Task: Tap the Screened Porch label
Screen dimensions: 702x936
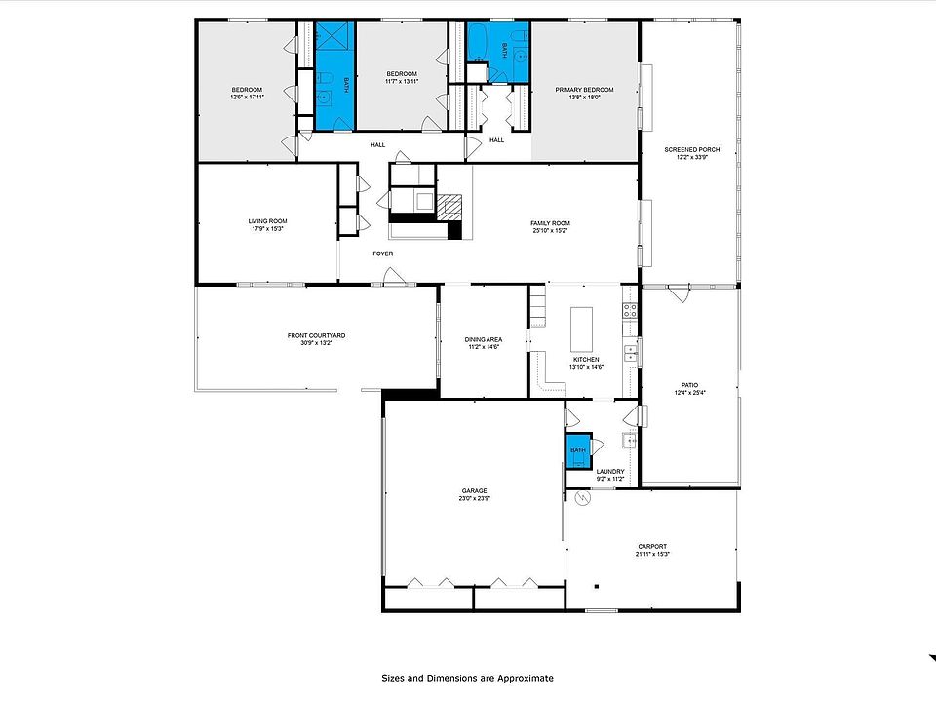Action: [x=692, y=149]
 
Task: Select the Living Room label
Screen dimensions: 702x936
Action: [x=267, y=221]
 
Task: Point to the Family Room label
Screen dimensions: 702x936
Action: [x=550, y=223]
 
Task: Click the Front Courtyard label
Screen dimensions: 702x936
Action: [x=316, y=335]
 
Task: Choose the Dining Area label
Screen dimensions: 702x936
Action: [x=484, y=339]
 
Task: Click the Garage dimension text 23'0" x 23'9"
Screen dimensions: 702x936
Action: [x=475, y=498]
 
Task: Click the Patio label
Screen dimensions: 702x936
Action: [x=690, y=386]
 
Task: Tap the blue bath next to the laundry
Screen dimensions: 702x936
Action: [x=577, y=449]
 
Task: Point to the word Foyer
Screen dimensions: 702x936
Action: [x=382, y=253]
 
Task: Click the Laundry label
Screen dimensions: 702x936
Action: [x=610, y=472]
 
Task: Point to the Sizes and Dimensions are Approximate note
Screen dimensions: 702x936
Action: [x=467, y=677]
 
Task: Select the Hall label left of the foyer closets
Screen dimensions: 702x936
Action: [x=377, y=145]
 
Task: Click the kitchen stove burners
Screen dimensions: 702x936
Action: [x=630, y=312]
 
